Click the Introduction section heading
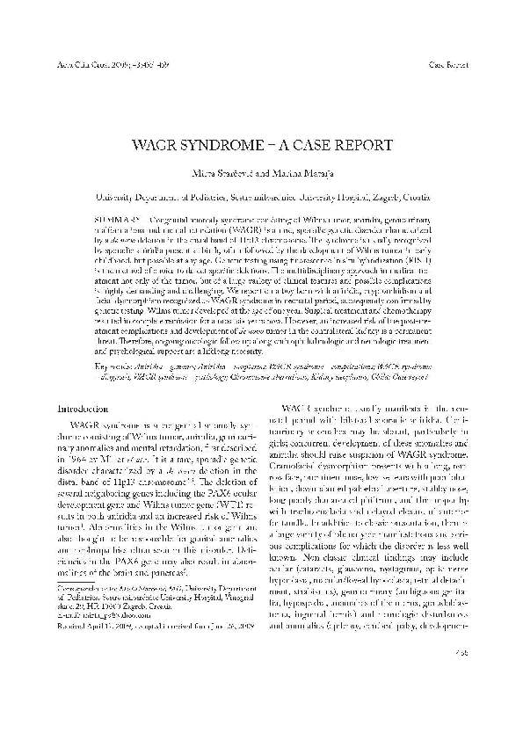[x=83, y=409]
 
